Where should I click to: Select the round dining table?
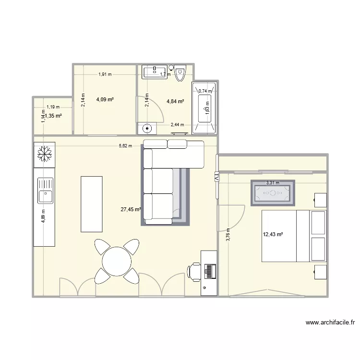pyautogui.click(x=116, y=262)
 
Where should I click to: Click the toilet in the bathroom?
pyautogui.click(x=180, y=73)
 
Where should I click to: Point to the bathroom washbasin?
pyautogui.click(x=154, y=72)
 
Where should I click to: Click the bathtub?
pyautogui.click(x=204, y=108)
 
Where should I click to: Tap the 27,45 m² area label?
pyautogui.click(x=131, y=209)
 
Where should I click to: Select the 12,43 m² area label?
pyautogui.click(x=272, y=234)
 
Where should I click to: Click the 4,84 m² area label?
pyautogui.click(x=176, y=101)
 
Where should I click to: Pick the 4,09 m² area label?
pyautogui.click(x=105, y=99)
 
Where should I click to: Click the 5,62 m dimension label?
pyautogui.click(x=125, y=146)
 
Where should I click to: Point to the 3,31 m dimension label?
pyautogui.click(x=273, y=183)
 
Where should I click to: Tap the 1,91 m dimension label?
pyautogui.click(x=105, y=74)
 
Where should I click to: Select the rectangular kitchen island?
pyautogui.click(x=92, y=203)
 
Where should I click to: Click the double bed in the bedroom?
pyautogui.click(x=293, y=236)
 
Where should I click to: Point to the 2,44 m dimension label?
pyautogui.click(x=178, y=125)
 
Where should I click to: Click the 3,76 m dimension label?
pyautogui.click(x=228, y=235)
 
